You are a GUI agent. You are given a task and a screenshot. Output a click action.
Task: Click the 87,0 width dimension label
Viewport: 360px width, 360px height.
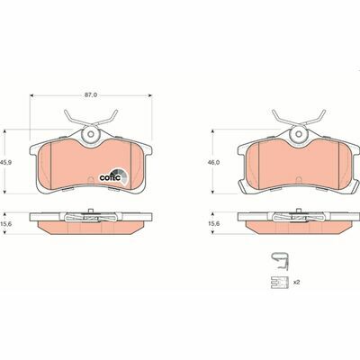pos(91,94)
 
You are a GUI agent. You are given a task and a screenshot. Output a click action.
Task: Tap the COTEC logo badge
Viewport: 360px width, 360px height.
pos(114,176)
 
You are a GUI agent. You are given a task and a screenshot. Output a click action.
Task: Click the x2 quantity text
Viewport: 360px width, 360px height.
pos(296,282)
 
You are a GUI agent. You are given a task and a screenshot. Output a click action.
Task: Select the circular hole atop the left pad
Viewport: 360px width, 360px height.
pos(91,134)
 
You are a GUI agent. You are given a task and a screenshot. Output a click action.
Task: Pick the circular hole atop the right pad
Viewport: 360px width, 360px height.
pos(299,134)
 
